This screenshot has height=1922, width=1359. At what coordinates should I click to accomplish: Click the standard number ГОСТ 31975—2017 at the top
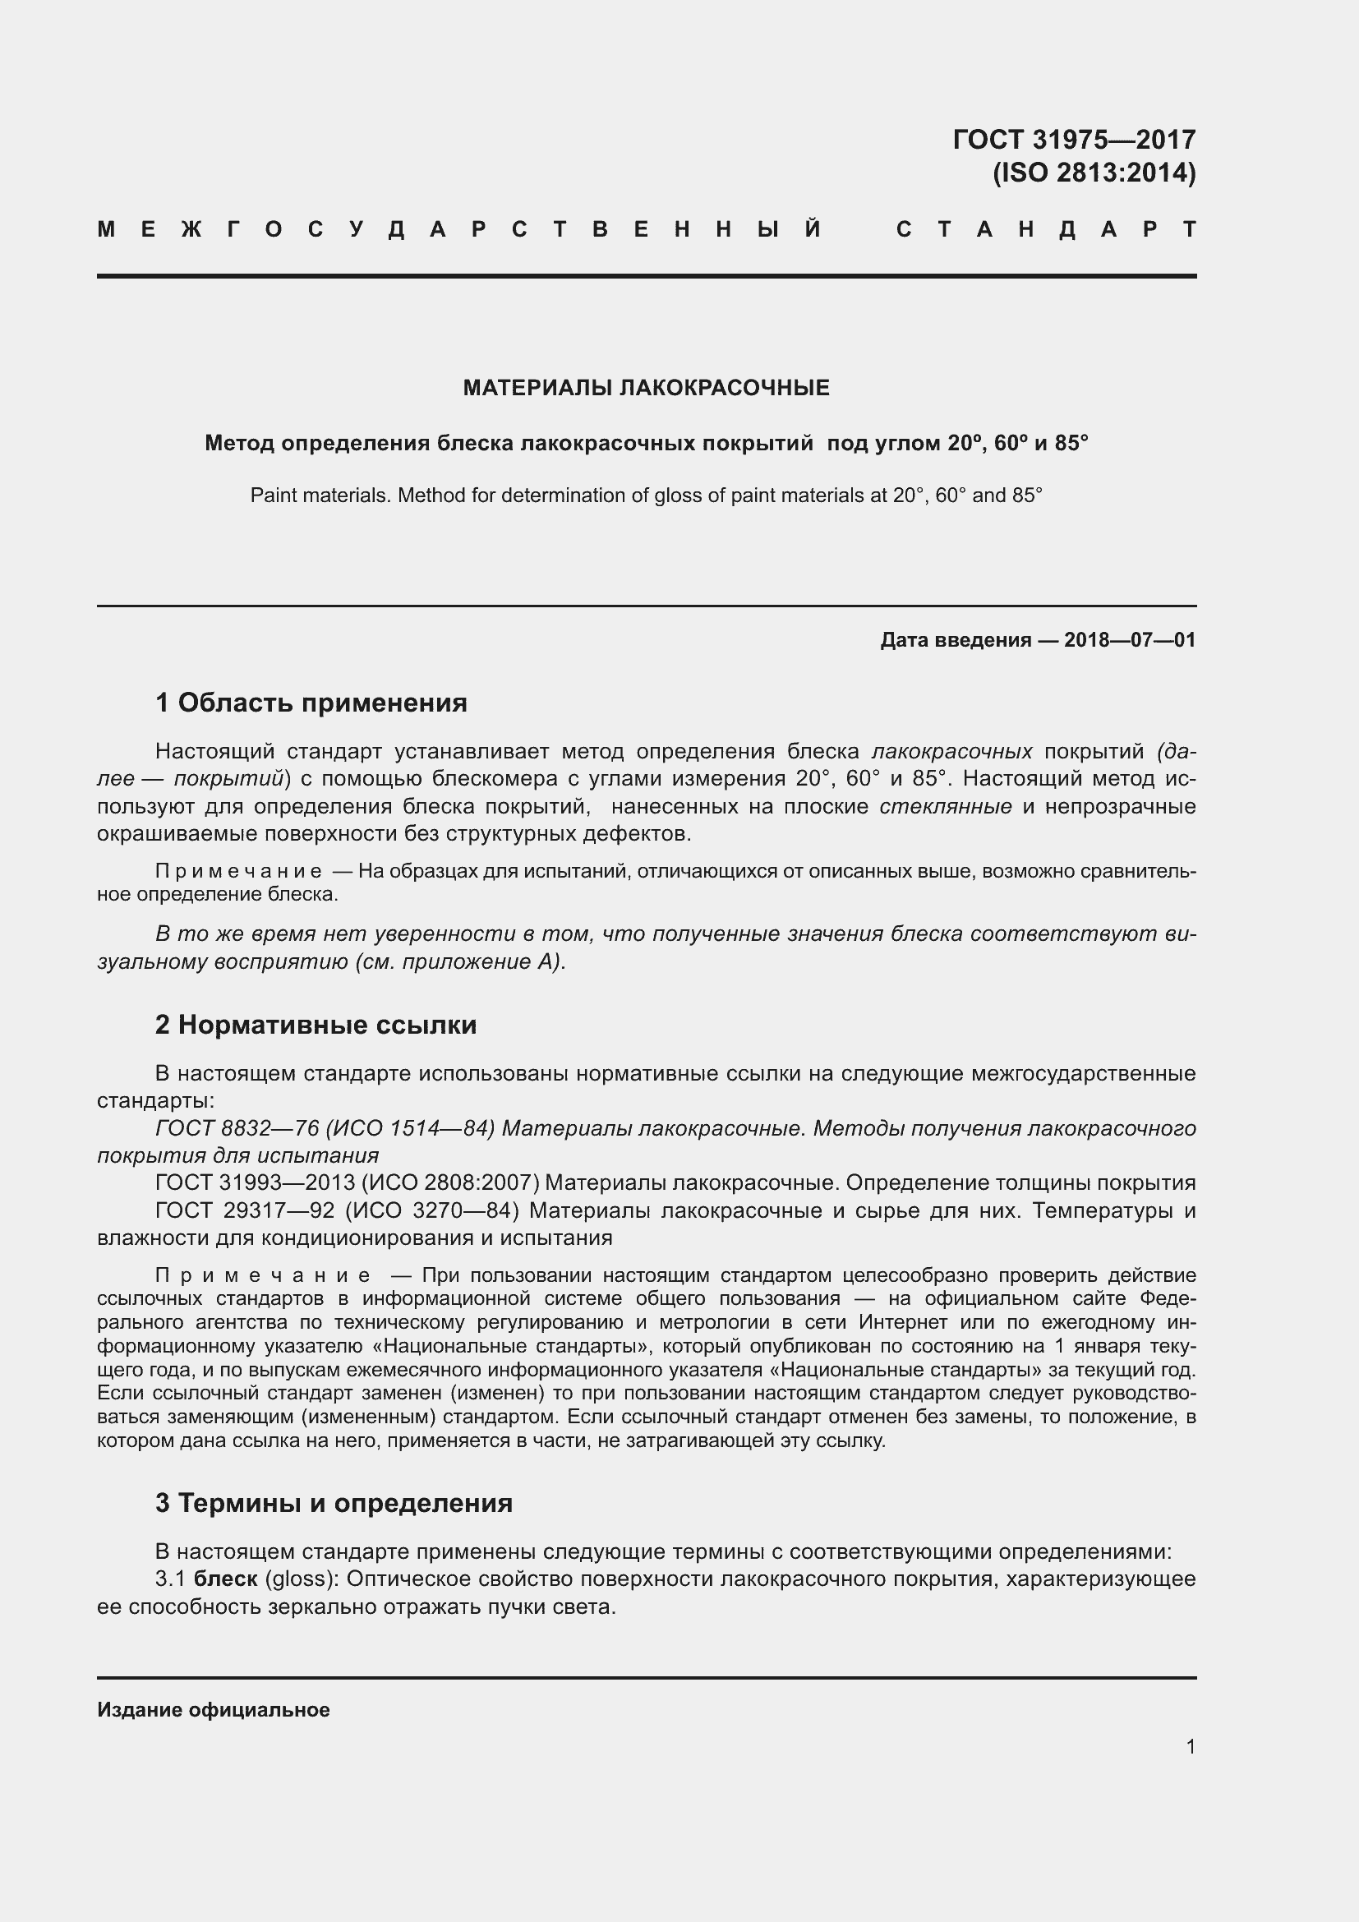pos(1074,139)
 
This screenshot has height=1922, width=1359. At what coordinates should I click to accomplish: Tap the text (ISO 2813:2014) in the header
pos(1094,173)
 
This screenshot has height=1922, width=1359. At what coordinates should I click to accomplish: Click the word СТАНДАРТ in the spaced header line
pos(1046,229)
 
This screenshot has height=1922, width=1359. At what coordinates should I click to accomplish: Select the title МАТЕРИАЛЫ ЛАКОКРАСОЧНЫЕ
pos(646,388)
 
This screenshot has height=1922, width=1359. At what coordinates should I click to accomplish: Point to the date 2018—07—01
pos(1129,640)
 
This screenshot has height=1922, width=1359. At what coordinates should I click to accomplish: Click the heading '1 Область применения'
pos(311,703)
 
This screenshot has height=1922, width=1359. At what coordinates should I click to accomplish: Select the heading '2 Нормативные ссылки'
pos(316,1025)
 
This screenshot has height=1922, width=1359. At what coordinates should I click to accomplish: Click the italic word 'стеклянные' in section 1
pos(946,807)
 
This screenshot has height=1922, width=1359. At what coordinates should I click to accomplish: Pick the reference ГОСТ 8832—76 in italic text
pos(237,1128)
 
